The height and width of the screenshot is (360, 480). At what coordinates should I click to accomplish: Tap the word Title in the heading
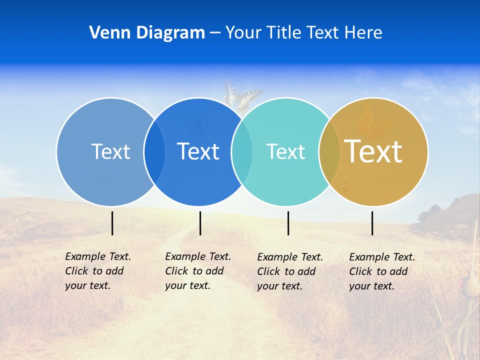(x=283, y=33)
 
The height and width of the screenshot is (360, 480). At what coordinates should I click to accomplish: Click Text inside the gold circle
(x=373, y=151)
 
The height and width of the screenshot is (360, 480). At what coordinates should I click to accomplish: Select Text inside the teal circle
(x=285, y=151)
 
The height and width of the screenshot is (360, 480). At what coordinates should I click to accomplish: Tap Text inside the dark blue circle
(x=198, y=151)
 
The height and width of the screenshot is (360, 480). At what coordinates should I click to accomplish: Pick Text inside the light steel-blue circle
(x=110, y=151)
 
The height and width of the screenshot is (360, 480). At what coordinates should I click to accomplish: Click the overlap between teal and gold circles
(x=329, y=152)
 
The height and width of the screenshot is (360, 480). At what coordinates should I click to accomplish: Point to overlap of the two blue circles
(x=154, y=152)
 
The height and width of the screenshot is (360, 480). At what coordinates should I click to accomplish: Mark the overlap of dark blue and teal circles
(x=242, y=152)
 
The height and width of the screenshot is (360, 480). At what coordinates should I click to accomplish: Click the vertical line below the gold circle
(x=372, y=223)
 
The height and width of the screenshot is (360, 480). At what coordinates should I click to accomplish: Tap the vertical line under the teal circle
(x=288, y=223)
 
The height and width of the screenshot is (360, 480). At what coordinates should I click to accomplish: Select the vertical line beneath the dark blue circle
(x=200, y=223)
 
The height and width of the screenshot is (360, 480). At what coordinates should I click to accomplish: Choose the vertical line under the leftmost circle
(x=112, y=223)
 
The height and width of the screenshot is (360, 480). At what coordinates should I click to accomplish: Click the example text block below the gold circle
(x=381, y=271)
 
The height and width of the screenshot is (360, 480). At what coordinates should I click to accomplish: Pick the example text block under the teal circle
(x=289, y=271)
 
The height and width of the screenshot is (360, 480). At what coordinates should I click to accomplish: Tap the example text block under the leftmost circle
(x=97, y=271)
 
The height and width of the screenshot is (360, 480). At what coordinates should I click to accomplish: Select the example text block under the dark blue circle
(x=197, y=271)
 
